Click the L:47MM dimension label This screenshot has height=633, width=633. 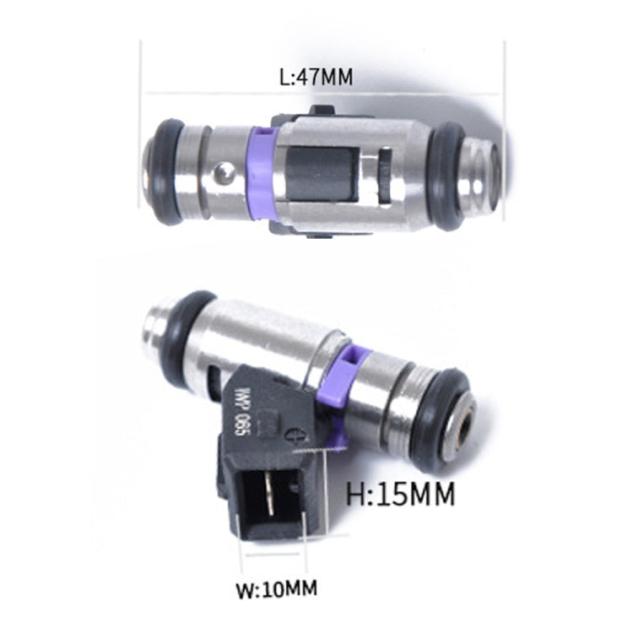(x=315, y=77)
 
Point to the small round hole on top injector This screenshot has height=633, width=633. (x=222, y=173)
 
